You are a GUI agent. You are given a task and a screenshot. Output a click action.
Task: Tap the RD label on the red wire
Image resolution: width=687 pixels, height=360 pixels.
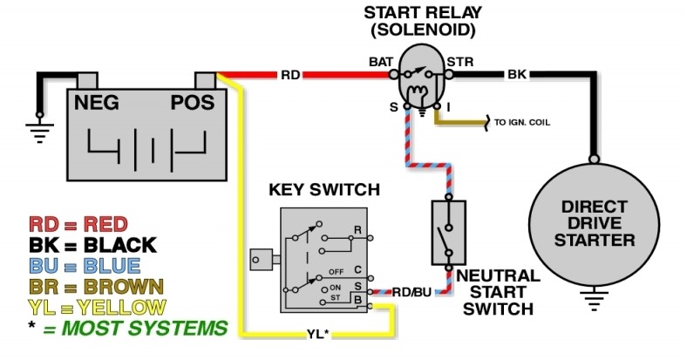pyautogui.click(x=290, y=75)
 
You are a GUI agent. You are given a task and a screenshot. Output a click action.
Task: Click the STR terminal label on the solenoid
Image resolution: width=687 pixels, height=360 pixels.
pyautogui.click(x=459, y=61)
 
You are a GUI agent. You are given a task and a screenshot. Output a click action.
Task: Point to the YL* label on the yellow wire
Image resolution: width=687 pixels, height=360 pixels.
pyautogui.click(x=319, y=333)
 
